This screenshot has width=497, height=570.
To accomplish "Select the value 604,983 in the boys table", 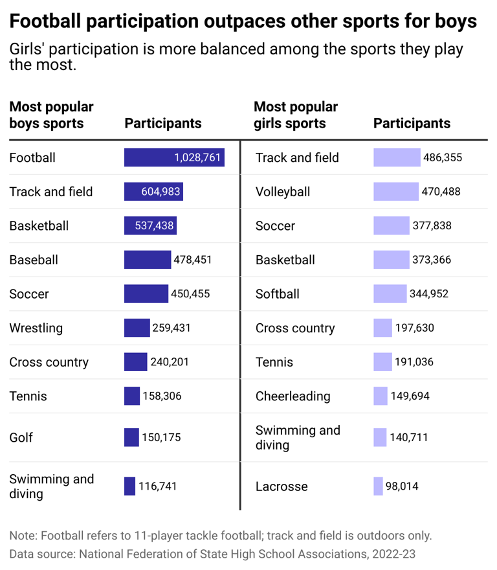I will (161, 192).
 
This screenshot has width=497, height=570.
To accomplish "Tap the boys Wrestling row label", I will (36, 328).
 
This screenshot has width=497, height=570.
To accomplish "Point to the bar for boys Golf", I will (131, 437).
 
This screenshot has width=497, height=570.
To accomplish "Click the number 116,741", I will (157, 486).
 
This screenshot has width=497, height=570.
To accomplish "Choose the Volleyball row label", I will (283, 192).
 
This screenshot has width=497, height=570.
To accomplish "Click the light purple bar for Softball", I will (390, 294).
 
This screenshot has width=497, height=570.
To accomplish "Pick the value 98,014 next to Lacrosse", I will (402, 486).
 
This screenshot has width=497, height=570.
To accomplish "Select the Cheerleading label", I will (293, 396).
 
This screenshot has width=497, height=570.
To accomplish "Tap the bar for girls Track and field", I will (397, 157).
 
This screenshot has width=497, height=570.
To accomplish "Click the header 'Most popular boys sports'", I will (51, 115).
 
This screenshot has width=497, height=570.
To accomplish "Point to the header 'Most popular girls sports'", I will (296, 115).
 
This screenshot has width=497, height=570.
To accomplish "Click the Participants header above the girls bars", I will (412, 123).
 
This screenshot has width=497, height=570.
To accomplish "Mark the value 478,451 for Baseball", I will (193, 260).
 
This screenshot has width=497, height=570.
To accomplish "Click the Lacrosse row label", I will (282, 486).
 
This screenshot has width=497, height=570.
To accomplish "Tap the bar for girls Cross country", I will (382, 328).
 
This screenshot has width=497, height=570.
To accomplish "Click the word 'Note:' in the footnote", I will (24, 536).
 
